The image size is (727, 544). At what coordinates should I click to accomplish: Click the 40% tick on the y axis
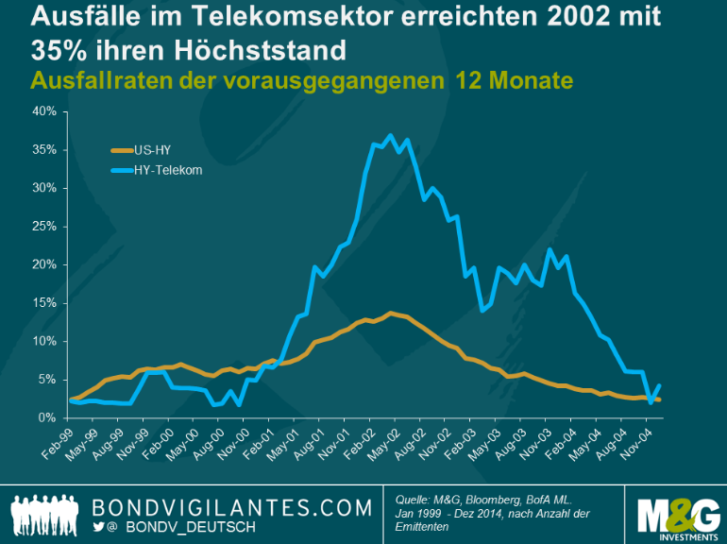pos(45,111)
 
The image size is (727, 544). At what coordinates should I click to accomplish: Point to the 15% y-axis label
pos(45,303)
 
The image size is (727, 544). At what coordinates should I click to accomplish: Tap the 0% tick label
pos(48,417)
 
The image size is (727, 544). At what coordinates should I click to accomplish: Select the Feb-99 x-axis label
pos(59,441)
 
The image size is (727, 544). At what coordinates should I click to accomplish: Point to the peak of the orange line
pos(390,313)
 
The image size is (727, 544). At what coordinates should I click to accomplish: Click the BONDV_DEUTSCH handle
pos(190,527)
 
